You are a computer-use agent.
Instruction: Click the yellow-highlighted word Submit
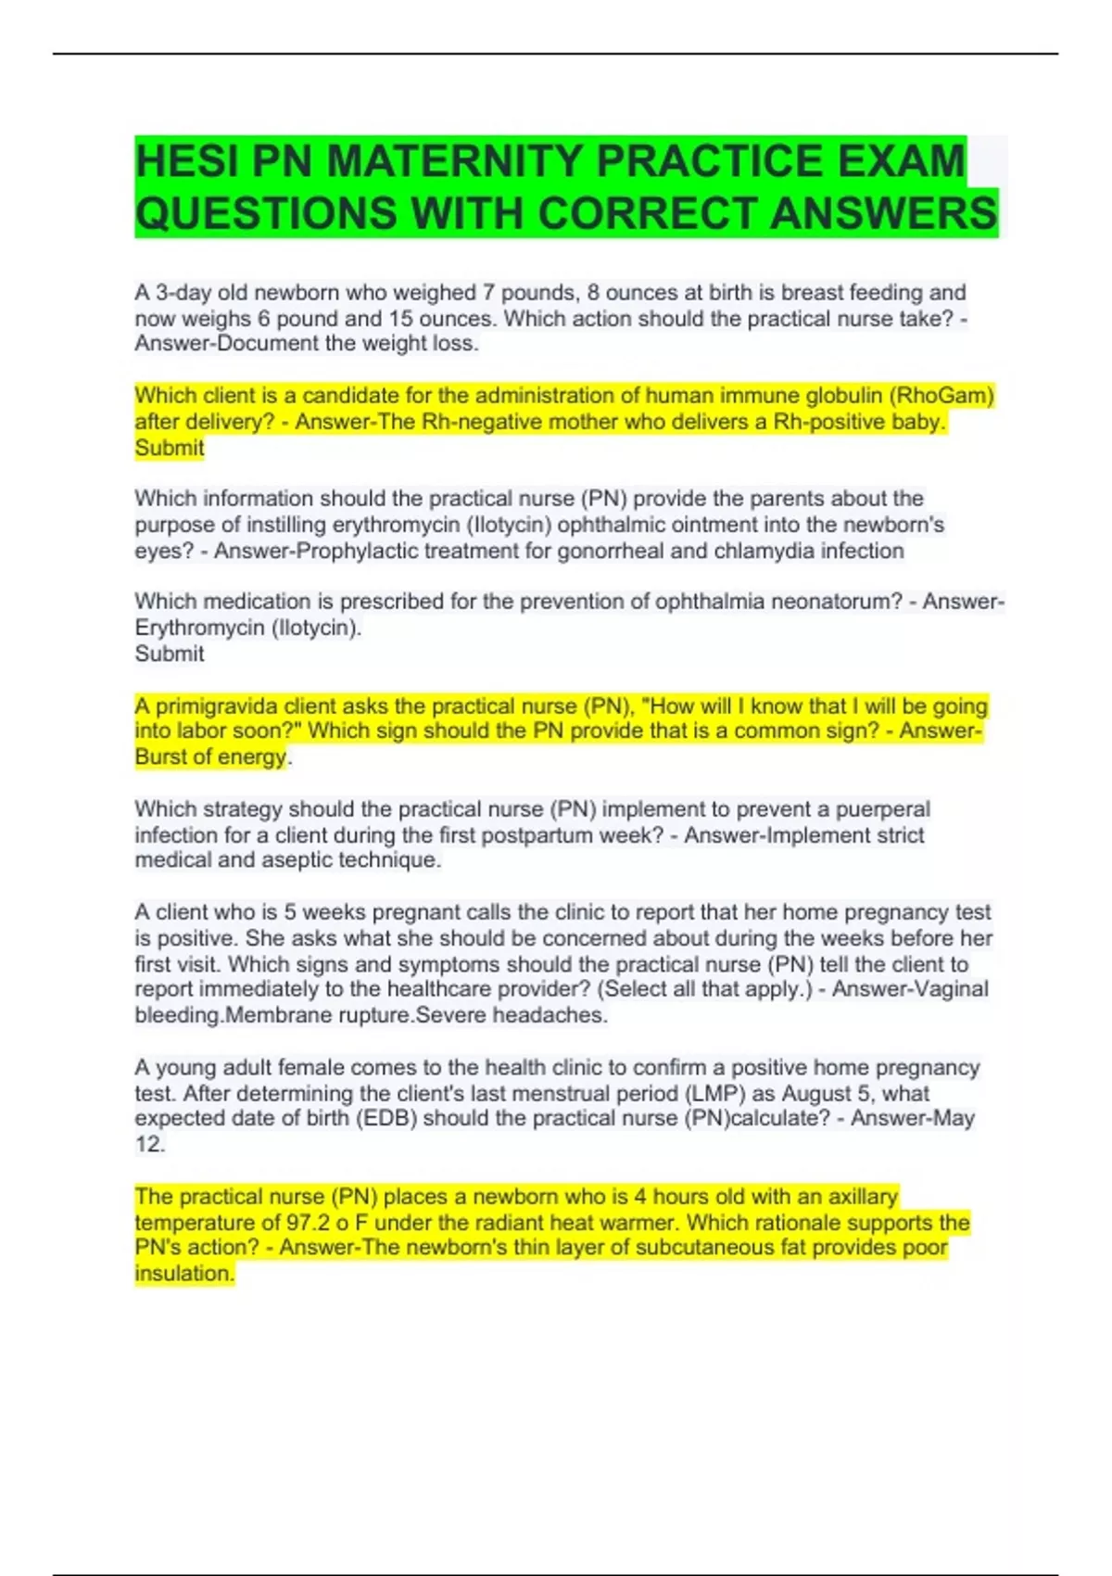pyautogui.click(x=170, y=448)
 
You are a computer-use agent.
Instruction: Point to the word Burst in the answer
pyautogui.click(x=159, y=757)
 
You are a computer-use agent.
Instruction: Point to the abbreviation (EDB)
pyautogui.click(x=386, y=1118)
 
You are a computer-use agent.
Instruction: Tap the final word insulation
pyautogui.click(x=184, y=1274)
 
